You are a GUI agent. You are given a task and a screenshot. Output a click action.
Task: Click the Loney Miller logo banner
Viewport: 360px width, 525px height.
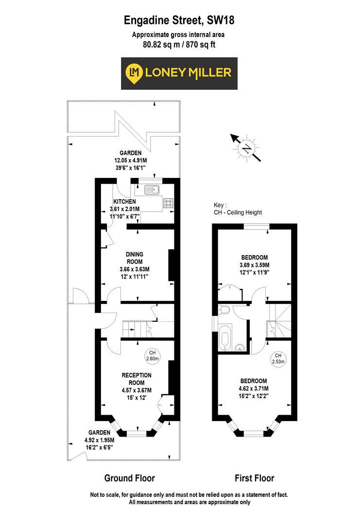tap(179, 73)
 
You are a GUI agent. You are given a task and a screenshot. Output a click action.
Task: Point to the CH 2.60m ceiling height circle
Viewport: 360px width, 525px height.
tap(152, 356)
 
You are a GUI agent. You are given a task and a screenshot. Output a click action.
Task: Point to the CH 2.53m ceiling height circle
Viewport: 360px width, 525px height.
tap(278, 358)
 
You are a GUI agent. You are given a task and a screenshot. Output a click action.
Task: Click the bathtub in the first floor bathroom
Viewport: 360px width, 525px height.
tap(225, 338)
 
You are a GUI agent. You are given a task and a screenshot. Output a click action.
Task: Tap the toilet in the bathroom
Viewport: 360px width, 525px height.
tap(224, 309)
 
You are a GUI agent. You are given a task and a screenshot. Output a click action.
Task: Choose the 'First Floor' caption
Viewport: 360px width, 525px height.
tap(254, 478)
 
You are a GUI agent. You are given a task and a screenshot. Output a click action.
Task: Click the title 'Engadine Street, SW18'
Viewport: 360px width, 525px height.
tap(179, 20)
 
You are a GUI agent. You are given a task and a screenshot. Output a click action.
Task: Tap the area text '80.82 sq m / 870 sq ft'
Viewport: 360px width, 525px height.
tap(179, 44)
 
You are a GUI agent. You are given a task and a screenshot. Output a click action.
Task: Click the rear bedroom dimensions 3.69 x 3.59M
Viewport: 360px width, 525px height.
tap(254, 265)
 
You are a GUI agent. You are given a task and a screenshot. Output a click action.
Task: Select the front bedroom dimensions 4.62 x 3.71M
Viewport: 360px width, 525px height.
tap(254, 388)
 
